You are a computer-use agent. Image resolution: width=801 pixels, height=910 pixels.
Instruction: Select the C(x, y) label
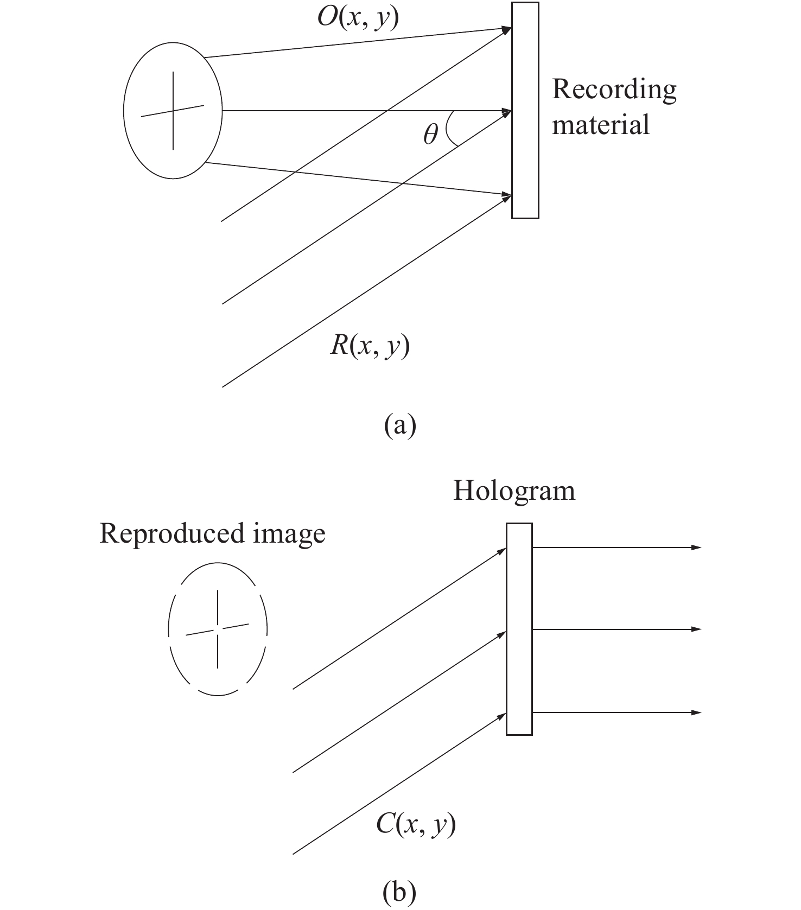[x=415, y=825]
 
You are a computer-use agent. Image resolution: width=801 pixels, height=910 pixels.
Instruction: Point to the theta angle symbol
[x=430, y=133]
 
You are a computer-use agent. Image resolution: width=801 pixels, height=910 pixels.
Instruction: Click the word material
[x=601, y=124]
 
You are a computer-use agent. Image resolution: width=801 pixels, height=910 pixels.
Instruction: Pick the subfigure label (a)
[x=400, y=425]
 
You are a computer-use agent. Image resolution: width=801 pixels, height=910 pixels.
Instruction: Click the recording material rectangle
[x=525, y=110]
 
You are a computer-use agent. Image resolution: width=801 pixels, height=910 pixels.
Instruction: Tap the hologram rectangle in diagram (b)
[x=519, y=629]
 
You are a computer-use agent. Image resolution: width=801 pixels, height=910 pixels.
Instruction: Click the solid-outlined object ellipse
[x=124, y=110]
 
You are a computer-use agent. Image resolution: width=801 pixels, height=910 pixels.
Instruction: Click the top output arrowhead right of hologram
[x=696, y=548]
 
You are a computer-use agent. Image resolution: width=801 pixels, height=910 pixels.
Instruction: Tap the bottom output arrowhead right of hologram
[x=696, y=712]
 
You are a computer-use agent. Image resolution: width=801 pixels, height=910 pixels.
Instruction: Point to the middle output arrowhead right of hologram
[x=696, y=629]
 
